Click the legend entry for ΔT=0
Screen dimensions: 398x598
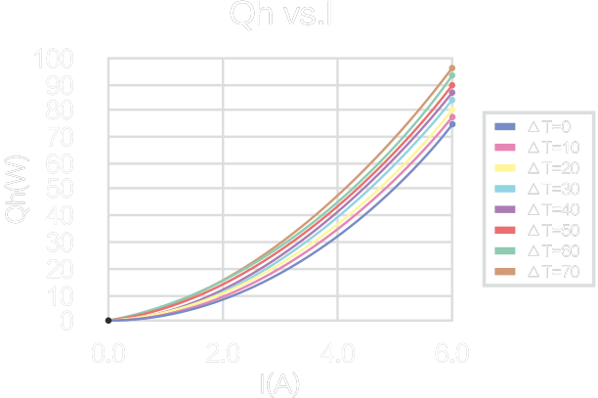tap(536, 127)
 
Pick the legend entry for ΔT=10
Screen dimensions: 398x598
tap(536, 148)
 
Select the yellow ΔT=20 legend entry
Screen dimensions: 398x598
tap(536, 168)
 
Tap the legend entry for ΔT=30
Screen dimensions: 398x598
tap(536, 189)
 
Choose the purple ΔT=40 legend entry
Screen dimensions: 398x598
tap(536, 209)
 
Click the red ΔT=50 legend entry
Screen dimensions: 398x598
tap(536, 230)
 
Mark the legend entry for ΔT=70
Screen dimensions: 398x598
tap(536, 271)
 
